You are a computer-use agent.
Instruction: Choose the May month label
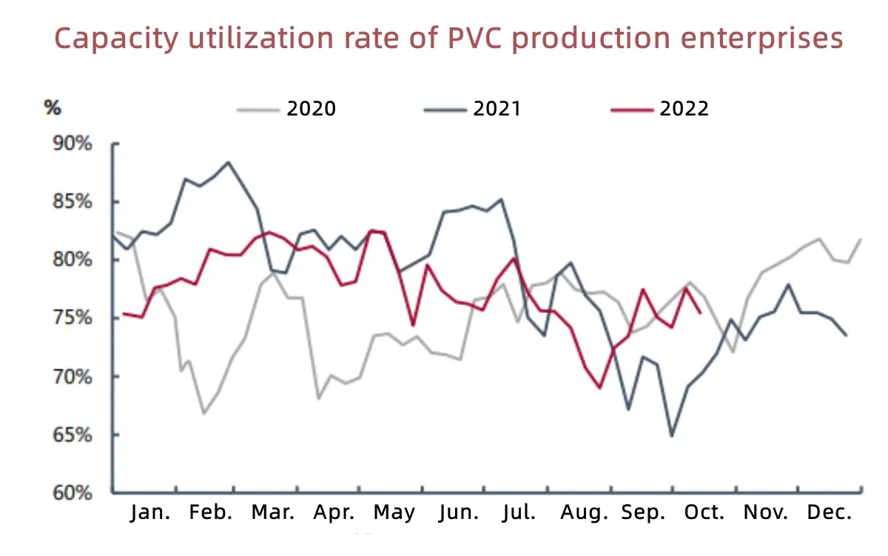394,513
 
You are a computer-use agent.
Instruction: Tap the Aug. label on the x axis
585,513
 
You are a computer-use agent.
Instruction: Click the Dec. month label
829,513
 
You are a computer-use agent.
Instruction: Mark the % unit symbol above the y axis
53,107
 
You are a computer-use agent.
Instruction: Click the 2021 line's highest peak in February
228,162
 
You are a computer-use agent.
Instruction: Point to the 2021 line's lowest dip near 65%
671,435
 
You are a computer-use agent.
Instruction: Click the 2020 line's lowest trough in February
203,413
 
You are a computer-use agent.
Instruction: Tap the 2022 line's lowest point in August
599,387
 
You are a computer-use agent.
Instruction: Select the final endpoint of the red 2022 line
700,312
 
